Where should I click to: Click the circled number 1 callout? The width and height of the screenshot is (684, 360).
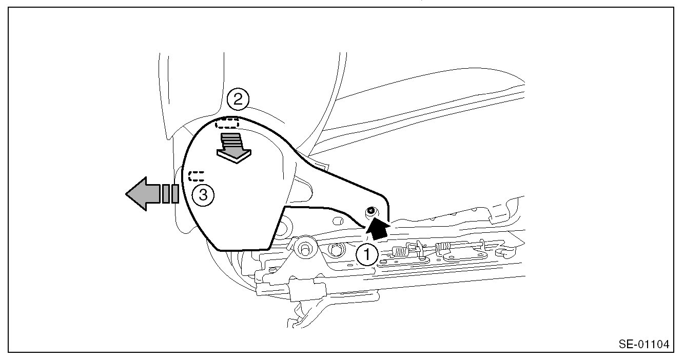pos(368,254)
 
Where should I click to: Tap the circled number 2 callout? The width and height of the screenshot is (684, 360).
pos(238,99)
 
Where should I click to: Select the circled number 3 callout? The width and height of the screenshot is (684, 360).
pos(203,195)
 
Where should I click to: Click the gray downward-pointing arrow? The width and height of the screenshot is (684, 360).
pos(234,148)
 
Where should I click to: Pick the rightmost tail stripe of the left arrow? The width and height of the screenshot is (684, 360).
pos(175,194)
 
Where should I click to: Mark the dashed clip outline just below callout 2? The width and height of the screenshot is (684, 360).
pos(227,123)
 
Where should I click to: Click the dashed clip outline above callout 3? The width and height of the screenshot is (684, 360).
pos(197,176)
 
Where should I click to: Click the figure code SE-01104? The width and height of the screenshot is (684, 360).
pos(644,344)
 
